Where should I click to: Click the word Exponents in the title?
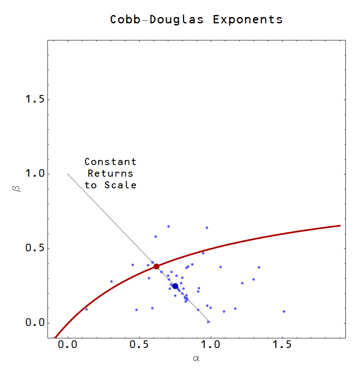pyautogui.click(x=248, y=20)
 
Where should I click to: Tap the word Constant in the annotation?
pyautogui.click(x=110, y=162)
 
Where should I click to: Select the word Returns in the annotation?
pyautogui.click(x=110, y=173)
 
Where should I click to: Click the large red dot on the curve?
pyautogui.click(x=157, y=266)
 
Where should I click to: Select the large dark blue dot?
pyautogui.click(x=175, y=286)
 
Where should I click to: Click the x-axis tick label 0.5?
pyautogui.click(x=139, y=345)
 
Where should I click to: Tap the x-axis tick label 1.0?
pyautogui.click(x=211, y=345)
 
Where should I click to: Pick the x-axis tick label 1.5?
pyautogui.click(x=282, y=345)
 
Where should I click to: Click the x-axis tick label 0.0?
pyautogui.click(x=67, y=345)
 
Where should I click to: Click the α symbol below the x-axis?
pyautogui.click(x=197, y=358)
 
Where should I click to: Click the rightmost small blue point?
pyautogui.click(x=284, y=311)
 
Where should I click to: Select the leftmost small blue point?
pyautogui.click(x=86, y=309)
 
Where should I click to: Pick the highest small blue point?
pyautogui.click(x=168, y=227)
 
